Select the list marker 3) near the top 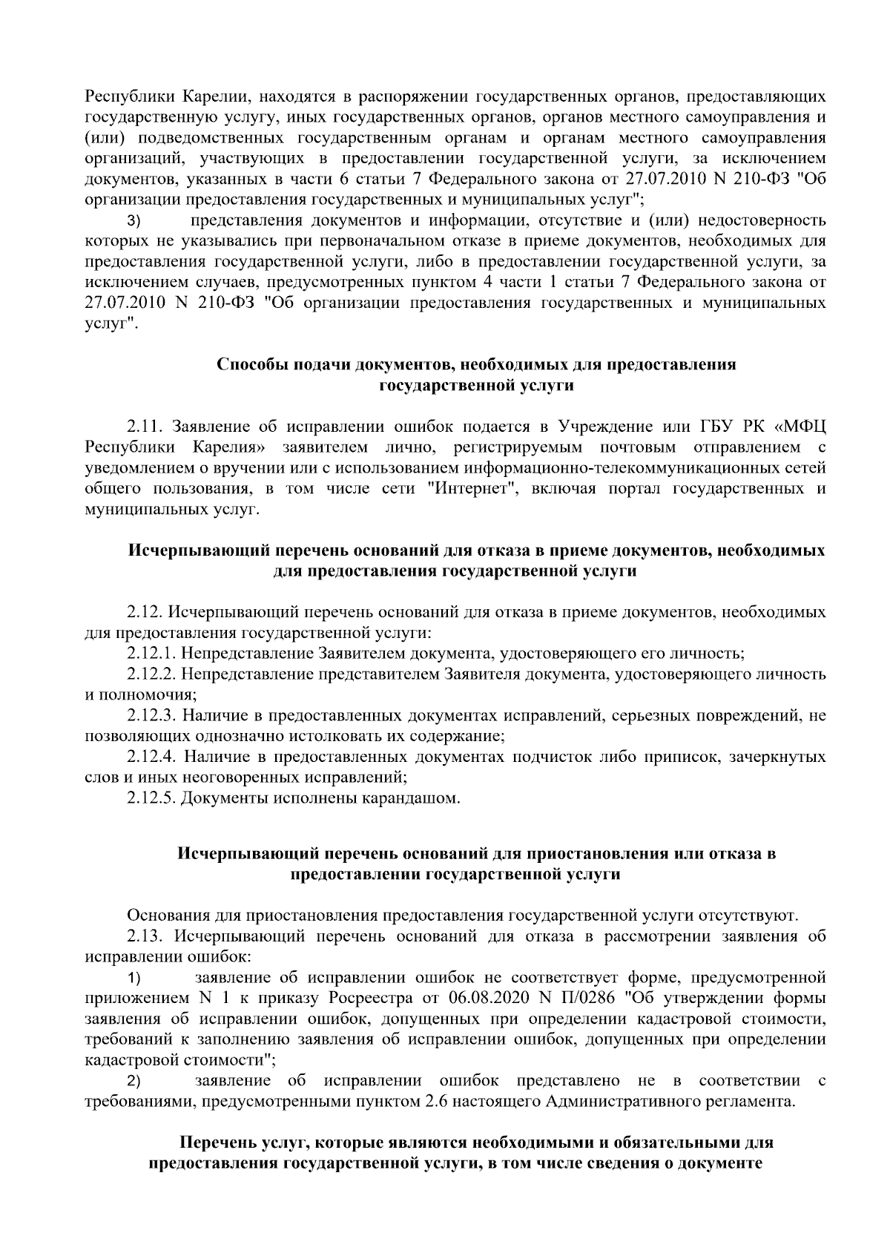point(134,221)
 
